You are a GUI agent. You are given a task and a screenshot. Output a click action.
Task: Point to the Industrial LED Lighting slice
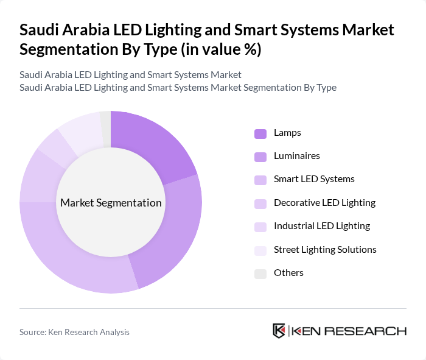pyautogui.click(x=55, y=146)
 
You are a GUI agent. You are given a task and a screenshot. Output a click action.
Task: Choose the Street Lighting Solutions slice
pyautogui.click(x=82, y=129)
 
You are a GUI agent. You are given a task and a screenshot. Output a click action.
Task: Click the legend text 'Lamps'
pyautogui.click(x=287, y=133)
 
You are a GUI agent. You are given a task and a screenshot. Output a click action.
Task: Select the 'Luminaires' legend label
pyautogui.click(x=296, y=156)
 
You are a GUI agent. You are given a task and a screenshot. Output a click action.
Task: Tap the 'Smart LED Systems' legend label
pyautogui.click(x=314, y=179)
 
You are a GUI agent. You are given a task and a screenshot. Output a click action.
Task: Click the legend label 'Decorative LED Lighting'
pyautogui.click(x=324, y=203)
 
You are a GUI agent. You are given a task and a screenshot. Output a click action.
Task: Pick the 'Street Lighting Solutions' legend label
pyautogui.click(x=325, y=250)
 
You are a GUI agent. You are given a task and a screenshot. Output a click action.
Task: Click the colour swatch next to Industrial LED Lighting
pyautogui.click(x=260, y=227)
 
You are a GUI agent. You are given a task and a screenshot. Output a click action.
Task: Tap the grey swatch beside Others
pyautogui.click(x=260, y=274)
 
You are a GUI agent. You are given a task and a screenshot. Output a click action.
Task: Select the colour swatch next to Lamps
pyautogui.click(x=260, y=133)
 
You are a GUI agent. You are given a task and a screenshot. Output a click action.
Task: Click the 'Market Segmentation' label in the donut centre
pyautogui.click(x=111, y=203)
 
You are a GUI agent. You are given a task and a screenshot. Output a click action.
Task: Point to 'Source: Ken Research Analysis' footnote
pyautogui.click(x=74, y=332)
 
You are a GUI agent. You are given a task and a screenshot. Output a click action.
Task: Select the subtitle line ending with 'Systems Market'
pyautogui.click(x=130, y=74)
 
